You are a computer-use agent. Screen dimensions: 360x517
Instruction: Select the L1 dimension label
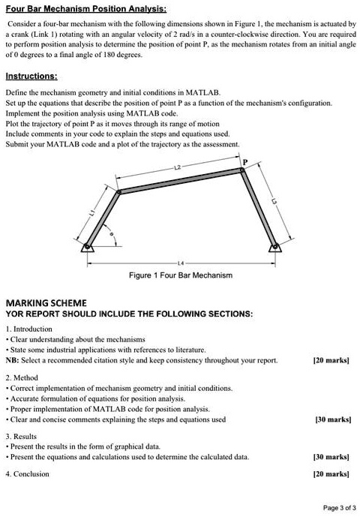coord(92,215)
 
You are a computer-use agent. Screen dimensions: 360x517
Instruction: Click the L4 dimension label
coord(179,263)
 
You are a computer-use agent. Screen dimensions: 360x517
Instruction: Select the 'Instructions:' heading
coord(31,77)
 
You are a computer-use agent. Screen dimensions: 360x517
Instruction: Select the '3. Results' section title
coord(23,435)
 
